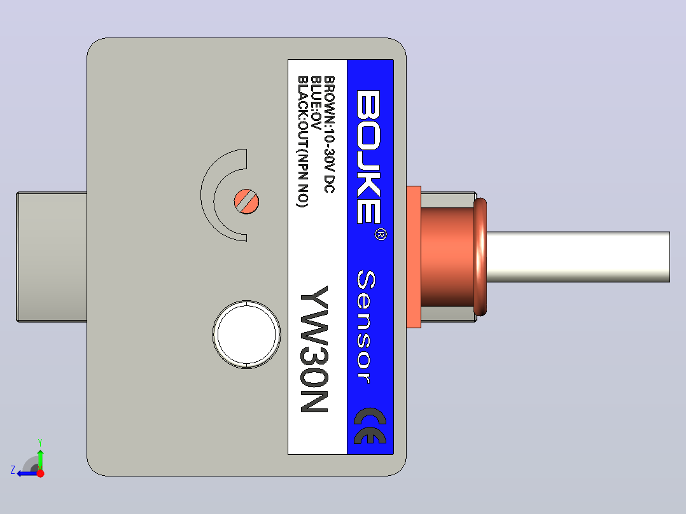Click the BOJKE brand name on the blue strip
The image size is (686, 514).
tap(368, 157)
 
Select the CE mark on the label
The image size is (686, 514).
tap(370, 426)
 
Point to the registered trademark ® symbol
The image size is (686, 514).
tap(381, 234)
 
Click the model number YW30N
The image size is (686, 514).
tap(314, 349)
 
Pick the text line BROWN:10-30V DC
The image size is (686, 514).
tap(329, 134)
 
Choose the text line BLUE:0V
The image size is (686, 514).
tap(316, 103)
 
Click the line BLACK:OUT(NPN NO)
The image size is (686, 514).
tap(303, 142)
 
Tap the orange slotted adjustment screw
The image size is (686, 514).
tap(246, 202)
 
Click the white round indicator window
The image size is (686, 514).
tap(246, 335)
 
